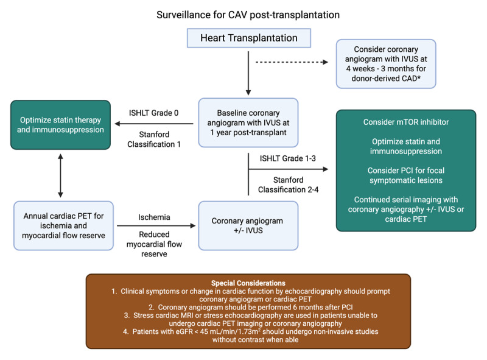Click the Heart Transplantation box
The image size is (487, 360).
click(x=249, y=38)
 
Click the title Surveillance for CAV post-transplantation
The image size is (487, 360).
click(x=248, y=15)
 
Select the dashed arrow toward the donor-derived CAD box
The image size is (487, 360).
click(x=292, y=62)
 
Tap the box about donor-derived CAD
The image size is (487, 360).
click(x=386, y=64)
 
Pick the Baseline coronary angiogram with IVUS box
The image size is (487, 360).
click(x=248, y=122)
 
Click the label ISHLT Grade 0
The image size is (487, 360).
click(x=154, y=113)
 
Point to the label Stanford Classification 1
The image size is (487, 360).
click(x=154, y=139)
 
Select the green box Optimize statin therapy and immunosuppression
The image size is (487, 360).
click(x=60, y=125)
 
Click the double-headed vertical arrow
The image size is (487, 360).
click(x=60, y=175)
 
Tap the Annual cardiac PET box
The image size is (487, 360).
click(x=64, y=226)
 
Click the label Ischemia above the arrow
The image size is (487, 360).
click(x=154, y=217)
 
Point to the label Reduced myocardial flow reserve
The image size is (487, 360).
click(x=154, y=244)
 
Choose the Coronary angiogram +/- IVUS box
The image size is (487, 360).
click(x=248, y=226)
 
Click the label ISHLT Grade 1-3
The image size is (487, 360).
click(x=288, y=158)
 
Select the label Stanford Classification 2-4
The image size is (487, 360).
click(x=288, y=185)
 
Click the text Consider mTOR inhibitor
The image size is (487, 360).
click(x=406, y=122)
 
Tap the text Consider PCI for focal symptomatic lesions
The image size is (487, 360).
click(x=406, y=175)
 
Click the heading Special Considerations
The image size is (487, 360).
click(x=248, y=283)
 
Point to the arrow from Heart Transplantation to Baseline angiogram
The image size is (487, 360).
click(x=248, y=73)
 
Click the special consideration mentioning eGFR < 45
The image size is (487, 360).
click(x=251, y=336)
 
